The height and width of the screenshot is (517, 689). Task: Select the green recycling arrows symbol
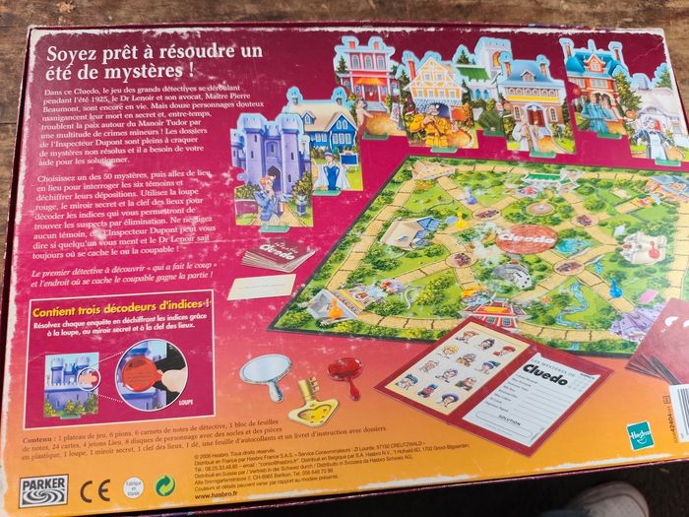(166, 486)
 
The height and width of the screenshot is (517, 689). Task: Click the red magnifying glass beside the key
(344, 372)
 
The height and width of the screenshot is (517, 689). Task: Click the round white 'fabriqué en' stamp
(133, 487)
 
